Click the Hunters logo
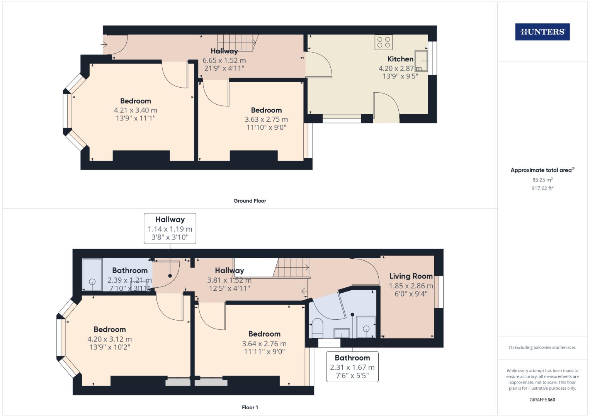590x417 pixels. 542,32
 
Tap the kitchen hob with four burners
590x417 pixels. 383,42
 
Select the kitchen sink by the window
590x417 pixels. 421,61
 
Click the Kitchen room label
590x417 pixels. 400,59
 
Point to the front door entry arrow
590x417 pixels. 104,45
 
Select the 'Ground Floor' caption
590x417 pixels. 250,201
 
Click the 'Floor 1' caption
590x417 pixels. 250,407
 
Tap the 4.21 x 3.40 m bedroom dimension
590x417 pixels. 135,110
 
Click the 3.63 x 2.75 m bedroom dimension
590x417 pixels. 266,119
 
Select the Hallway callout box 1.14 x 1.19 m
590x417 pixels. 170,229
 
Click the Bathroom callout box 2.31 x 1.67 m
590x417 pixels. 352,367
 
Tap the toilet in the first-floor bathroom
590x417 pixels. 317,326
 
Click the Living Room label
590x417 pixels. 411,276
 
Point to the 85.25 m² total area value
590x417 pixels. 542,180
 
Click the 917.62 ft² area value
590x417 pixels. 542,188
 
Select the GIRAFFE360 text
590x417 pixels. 542,400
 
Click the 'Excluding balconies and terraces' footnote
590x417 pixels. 542,347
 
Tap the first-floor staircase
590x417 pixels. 292,268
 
